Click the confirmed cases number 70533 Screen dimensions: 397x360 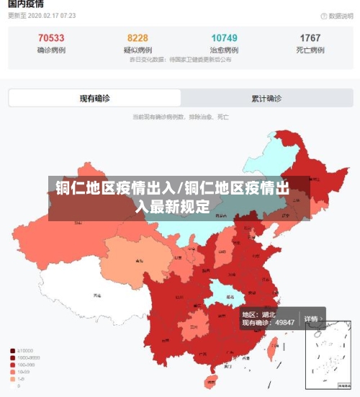click(50, 37)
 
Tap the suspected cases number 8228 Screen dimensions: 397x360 click(138, 37)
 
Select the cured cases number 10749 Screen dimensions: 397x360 click(224, 37)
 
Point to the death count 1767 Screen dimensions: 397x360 click(310, 37)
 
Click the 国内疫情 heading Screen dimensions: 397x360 click(26, 4)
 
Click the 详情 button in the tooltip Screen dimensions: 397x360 click(311, 318)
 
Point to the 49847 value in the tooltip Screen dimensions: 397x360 click(284, 323)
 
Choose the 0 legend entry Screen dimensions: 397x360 click(19, 385)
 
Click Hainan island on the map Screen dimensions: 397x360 click(213, 380)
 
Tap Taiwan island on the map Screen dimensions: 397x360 click(273, 349)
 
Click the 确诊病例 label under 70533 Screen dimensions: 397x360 click(50, 50)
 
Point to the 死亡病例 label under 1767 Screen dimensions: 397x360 click(310, 50)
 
